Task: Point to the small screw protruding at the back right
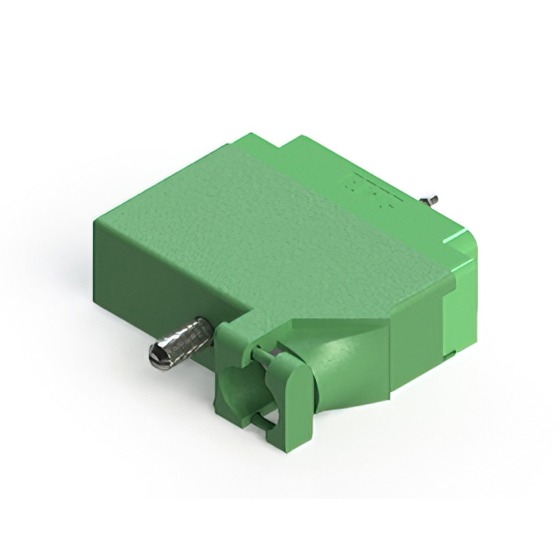433,202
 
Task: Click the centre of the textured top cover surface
262,227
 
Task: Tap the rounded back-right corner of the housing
468,241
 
